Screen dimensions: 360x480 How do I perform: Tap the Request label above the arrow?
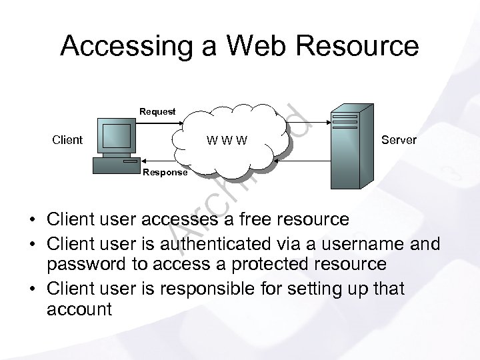[157, 111]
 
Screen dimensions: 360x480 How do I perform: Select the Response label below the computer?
[165, 172]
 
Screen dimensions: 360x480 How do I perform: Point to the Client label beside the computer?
[67, 140]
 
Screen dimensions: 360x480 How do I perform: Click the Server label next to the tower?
[399, 140]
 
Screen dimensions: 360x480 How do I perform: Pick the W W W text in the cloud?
[227, 141]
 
